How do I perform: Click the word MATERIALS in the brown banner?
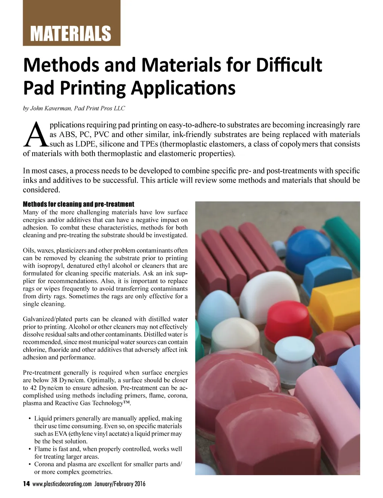pos(71,34)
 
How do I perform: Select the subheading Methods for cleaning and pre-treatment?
pos(78,204)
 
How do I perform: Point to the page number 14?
pos(26,484)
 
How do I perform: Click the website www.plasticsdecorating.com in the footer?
pos(62,484)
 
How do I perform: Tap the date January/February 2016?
pos(120,484)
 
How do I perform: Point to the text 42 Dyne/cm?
pos(46,388)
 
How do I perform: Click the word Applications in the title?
pos(183,88)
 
